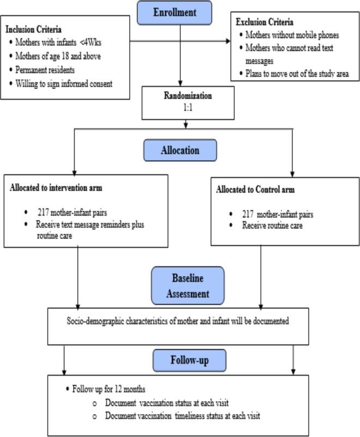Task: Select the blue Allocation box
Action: coord(180,149)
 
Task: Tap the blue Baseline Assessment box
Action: coord(180,285)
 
